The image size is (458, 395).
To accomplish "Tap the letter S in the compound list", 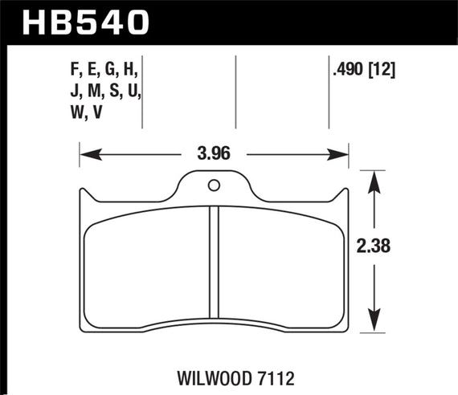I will click(x=109, y=92).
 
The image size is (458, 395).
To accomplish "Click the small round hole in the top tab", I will click(x=214, y=186).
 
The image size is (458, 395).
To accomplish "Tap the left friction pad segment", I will click(x=146, y=265).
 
